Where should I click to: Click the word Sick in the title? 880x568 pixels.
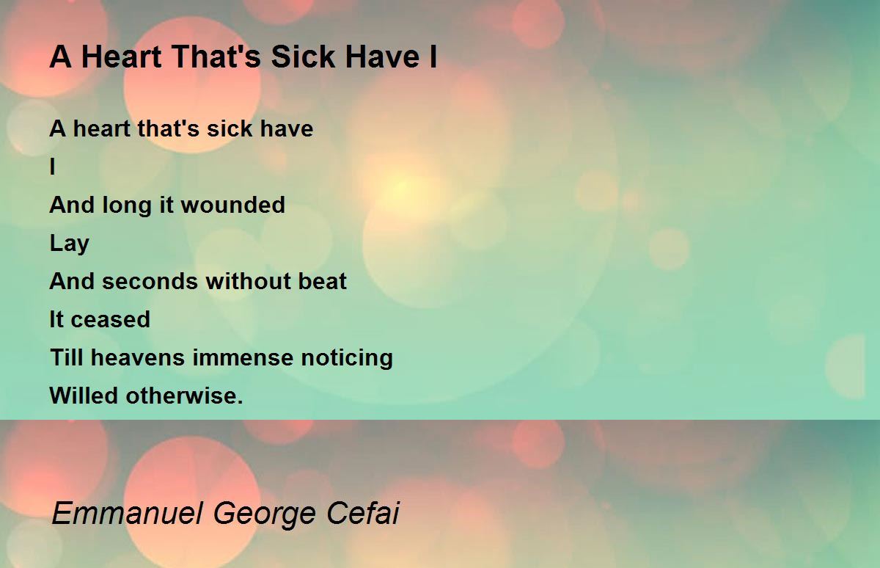(x=302, y=57)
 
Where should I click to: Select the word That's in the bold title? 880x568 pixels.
(x=216, y=57)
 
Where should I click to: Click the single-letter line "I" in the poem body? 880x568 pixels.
(x=53, y=167)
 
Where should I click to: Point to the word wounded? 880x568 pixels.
(x=233, y=205)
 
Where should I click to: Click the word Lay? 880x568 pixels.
(x=70, y=244)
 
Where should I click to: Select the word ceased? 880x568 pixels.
(x=111, y=319)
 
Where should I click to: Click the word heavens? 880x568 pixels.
(x=138, y=357)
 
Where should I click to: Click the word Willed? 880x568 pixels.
(x=84, y=396)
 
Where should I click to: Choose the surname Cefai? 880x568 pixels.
(x=362, y=513)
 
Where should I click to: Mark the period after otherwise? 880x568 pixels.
(x=240, y=402)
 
